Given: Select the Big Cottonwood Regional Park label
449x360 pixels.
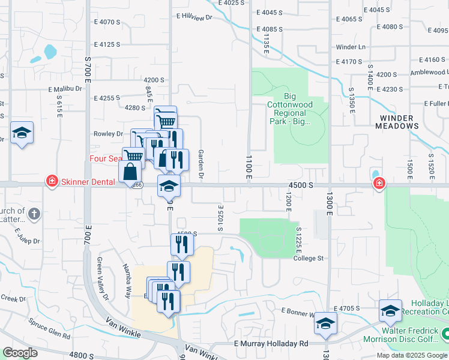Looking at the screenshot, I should [x=290, y=108].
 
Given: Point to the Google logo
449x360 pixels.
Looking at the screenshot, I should [x=20, y=353].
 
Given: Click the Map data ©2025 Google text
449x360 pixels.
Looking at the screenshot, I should [x=412, y=355].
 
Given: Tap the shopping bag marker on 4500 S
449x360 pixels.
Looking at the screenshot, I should [x=130, y=172].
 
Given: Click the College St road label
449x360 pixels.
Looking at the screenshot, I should [x=309, y=259].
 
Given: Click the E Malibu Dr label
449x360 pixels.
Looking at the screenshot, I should [x=65, y=89].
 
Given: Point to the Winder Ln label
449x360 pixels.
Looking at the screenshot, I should [x=351, y=47].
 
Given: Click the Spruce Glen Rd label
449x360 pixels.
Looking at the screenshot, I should [x=49, y=329].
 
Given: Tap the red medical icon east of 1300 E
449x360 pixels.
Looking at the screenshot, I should [x=379, y=183].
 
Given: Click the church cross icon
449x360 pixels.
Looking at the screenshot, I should [x=35, y=213].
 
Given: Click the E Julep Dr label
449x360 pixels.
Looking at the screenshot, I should [x=26, y=236].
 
